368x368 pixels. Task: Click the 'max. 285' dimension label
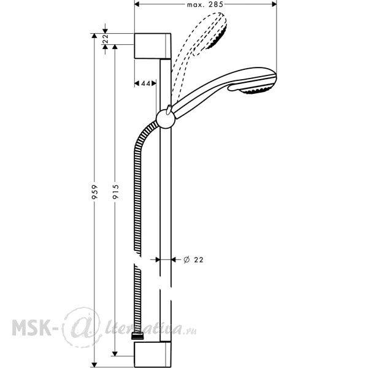coord(205,4)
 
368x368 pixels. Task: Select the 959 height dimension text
coord(94,192)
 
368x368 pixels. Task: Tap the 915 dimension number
coord(115,192)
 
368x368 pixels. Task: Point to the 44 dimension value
coord(145,83)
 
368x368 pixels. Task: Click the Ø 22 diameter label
coord(193,259)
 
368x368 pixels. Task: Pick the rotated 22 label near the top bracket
coord(105,39)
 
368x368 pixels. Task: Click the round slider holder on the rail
coord(166,119)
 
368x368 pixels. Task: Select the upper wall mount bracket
coord(153,46)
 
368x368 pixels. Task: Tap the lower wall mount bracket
coord(153,355)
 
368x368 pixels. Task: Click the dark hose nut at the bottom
coord(137,336)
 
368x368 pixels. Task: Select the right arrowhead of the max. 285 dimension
coord(274,4)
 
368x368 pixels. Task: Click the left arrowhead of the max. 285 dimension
coord(137,4)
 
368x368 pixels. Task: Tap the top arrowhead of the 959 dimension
coord(94,36)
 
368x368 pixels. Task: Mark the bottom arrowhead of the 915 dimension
coord(115,353)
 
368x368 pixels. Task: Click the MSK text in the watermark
coord(32,328)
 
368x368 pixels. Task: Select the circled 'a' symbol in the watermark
coord(82,328)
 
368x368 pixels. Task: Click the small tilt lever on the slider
coord(169,110)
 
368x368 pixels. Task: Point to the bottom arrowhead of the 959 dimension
coord(94,365)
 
